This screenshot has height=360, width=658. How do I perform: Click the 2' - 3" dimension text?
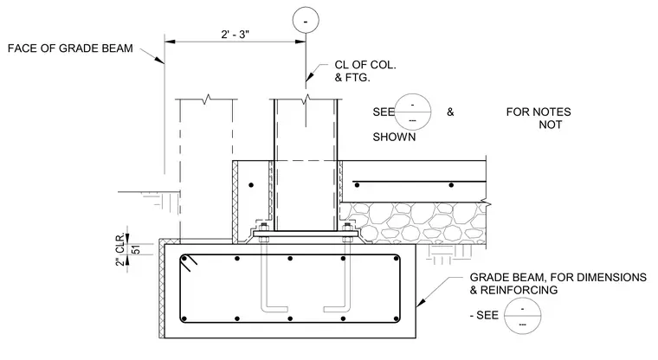235,34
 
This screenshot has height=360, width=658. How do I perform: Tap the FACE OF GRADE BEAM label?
70,48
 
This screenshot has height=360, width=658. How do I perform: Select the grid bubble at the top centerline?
306,20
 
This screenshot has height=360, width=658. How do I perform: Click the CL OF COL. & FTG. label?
365,71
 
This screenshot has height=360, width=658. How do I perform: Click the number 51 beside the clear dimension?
136,249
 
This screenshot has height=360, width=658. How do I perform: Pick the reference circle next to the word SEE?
413,112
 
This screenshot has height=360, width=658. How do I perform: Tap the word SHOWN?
394,138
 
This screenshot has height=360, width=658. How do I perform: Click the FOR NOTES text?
539,112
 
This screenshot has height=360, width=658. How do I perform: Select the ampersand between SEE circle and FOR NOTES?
450,112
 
